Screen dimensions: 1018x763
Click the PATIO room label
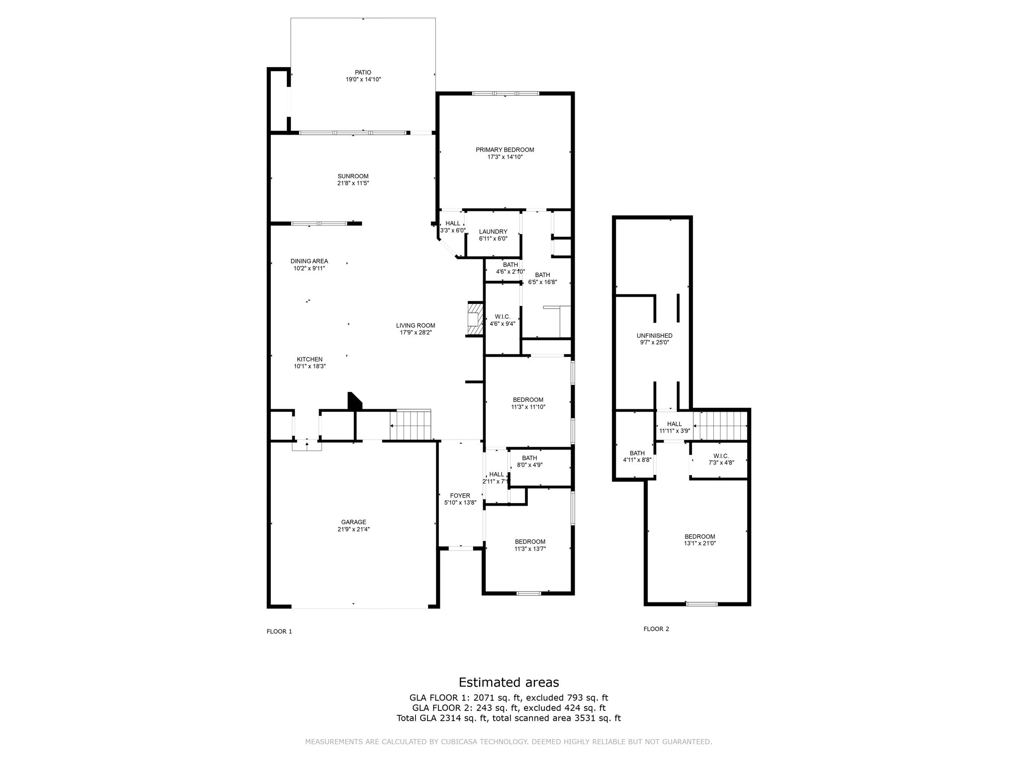tap(363, 73)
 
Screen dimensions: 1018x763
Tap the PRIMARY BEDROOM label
tap(505, 150)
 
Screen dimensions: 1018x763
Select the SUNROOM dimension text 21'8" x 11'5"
tap(353, 183)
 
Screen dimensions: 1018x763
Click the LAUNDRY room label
tap(493, 232)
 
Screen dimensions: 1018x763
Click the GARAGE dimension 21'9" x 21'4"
tap(353, 529)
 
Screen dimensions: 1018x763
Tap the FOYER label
tap(460, 496)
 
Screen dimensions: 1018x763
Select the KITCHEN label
tap(310, 360)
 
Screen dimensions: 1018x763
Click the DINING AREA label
tap(309, 261)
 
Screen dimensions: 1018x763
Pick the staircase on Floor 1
tap(410, 425)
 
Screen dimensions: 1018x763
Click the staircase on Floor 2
tap(720, 425)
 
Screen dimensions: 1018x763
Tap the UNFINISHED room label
tap(654, 336)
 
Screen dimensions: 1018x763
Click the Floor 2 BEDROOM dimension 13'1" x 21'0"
tap(700, 543)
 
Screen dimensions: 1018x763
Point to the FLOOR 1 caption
tap(279, 631)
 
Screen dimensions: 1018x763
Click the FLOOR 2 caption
tap(656, 629)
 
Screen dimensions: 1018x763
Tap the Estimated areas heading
tap(509, 682)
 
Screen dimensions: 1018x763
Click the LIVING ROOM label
tap(416, 325)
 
